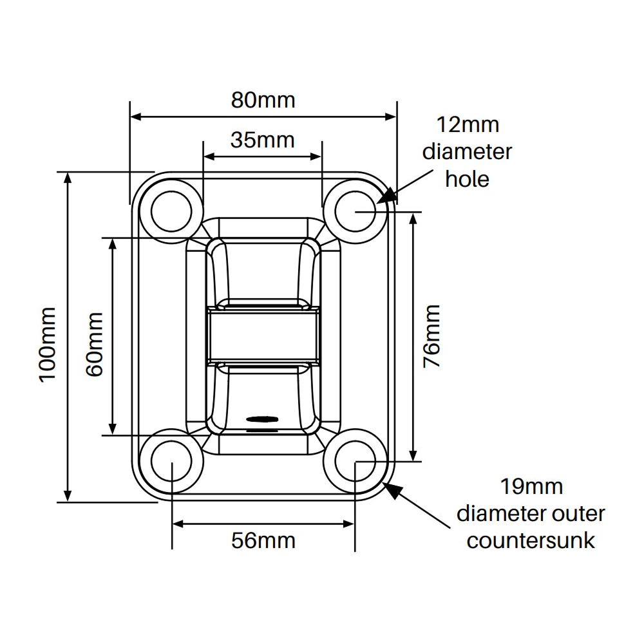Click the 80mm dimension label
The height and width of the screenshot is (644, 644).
click(x=263, y=100)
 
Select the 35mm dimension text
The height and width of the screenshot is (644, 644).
click(x=263, y=139)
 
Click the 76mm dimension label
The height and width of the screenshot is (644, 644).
click(x=431, y=336)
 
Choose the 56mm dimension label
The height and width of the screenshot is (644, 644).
click(x=263, y=540)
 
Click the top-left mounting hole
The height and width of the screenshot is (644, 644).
click(x=173, y=211)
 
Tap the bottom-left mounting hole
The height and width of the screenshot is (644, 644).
click(x=173, y=461)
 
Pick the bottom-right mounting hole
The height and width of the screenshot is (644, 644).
click(x=355, y=461)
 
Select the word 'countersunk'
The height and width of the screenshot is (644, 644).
click(x=531, y=540)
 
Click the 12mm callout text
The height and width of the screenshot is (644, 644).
click(x=468, y=124)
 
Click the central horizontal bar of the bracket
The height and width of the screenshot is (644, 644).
click(x=263, y=334)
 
